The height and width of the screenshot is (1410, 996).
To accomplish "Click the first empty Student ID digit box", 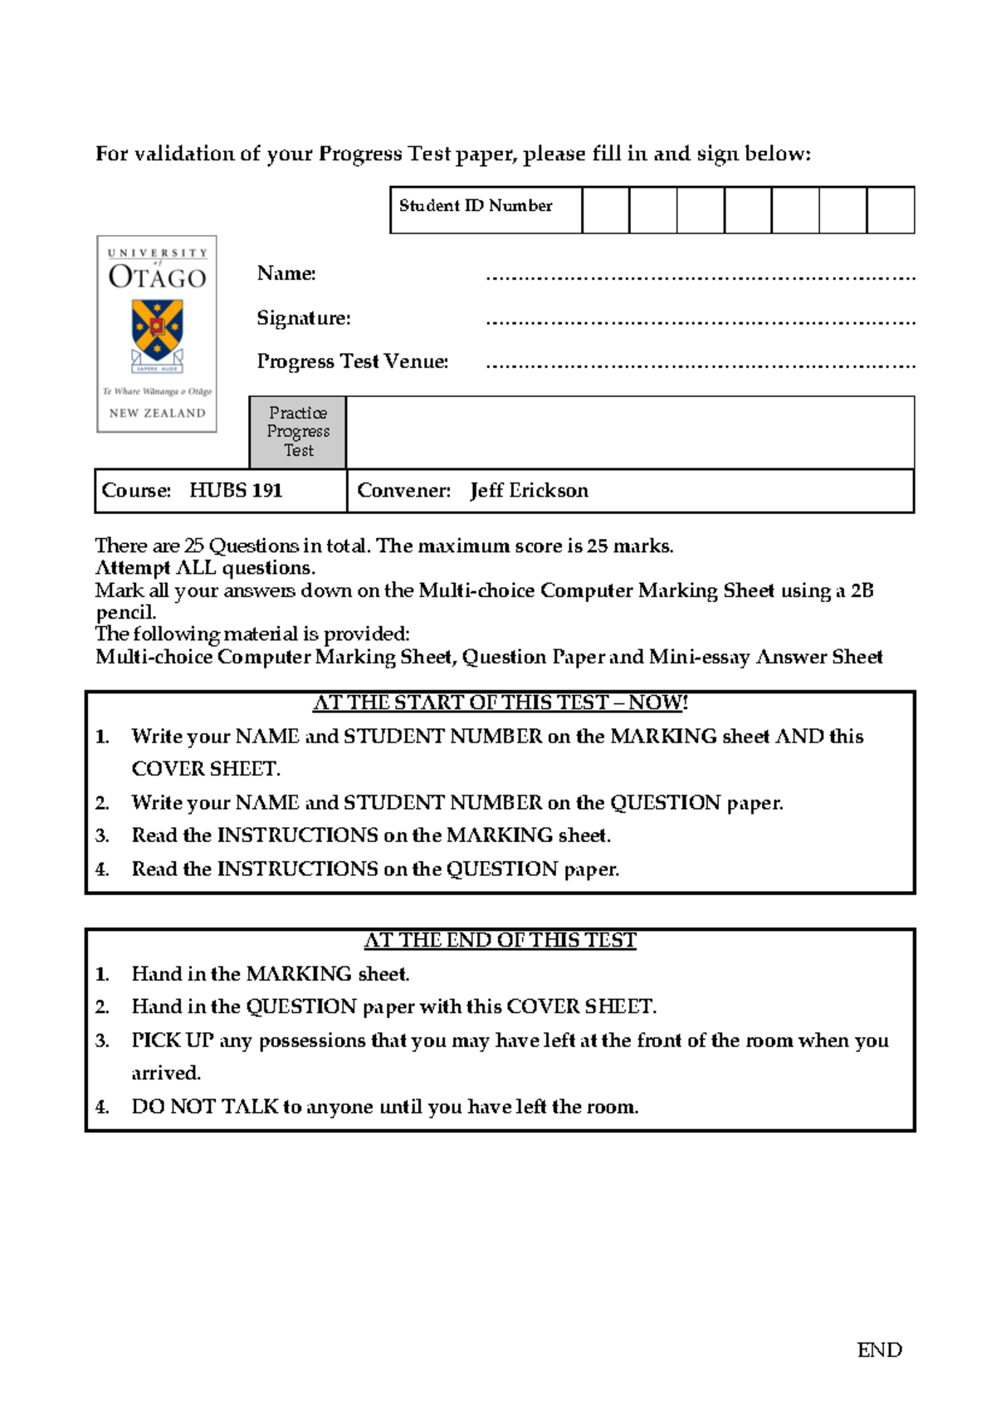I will click(605, 210).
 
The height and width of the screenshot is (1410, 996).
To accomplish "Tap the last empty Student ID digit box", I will click(890, 210).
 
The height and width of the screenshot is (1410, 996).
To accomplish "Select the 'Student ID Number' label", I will click(476, 206).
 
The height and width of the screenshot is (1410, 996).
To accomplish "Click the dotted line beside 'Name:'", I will click(700, 277).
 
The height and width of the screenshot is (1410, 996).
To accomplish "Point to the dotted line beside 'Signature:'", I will click(700, 321).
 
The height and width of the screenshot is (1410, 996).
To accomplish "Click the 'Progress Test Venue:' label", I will click(353, 361).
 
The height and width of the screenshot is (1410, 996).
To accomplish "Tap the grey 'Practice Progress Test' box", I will click(298, 432).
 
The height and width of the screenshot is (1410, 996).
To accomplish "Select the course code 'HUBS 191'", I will click(236, 491).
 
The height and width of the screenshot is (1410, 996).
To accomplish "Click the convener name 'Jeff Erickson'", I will click(529, 491).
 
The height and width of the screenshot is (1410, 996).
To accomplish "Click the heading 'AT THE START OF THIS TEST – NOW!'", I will click(500, 703).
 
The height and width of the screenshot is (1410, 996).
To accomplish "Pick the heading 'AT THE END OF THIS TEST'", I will click(500, 940).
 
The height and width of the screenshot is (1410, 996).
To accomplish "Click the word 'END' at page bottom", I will click(879, 1350).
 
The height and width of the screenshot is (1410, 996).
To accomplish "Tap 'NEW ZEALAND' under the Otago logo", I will click(157, 413).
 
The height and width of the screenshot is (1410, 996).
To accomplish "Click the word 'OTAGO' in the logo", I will click(157, 277).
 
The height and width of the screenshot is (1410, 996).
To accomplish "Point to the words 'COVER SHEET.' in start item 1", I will click(206, 769).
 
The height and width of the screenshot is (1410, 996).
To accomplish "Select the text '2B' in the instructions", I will click(862, 590).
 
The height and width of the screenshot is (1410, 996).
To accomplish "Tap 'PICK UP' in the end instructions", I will click(173, 1040).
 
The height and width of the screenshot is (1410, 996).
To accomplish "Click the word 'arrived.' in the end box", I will click(166, 1073).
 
